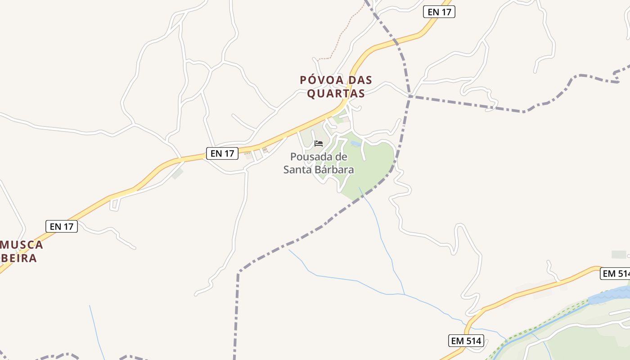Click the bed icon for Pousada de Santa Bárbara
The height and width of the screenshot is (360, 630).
[x=319, y=144]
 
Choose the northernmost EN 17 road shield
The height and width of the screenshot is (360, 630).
[x=439, y=12]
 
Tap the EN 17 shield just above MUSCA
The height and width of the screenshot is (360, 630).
[x=62, y=226]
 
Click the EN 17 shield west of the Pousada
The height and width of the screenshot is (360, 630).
[x=222, y=153]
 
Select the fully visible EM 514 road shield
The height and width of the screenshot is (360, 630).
[x=466, y=341]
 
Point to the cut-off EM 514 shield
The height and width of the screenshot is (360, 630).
[x=615, y=274]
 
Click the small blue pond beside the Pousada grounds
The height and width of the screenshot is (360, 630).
[x=355, y=144]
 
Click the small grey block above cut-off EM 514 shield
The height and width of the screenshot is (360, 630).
[x=619, y=255]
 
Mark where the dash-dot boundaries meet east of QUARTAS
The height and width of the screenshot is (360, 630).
[x=409, y=96]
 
